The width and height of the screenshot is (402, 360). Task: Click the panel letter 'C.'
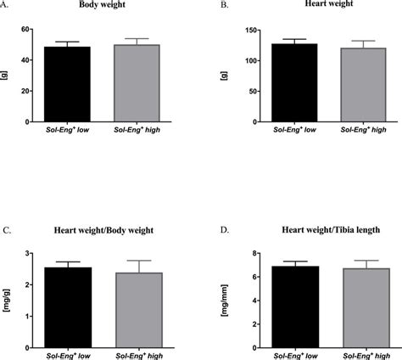(x=7, y=229)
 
